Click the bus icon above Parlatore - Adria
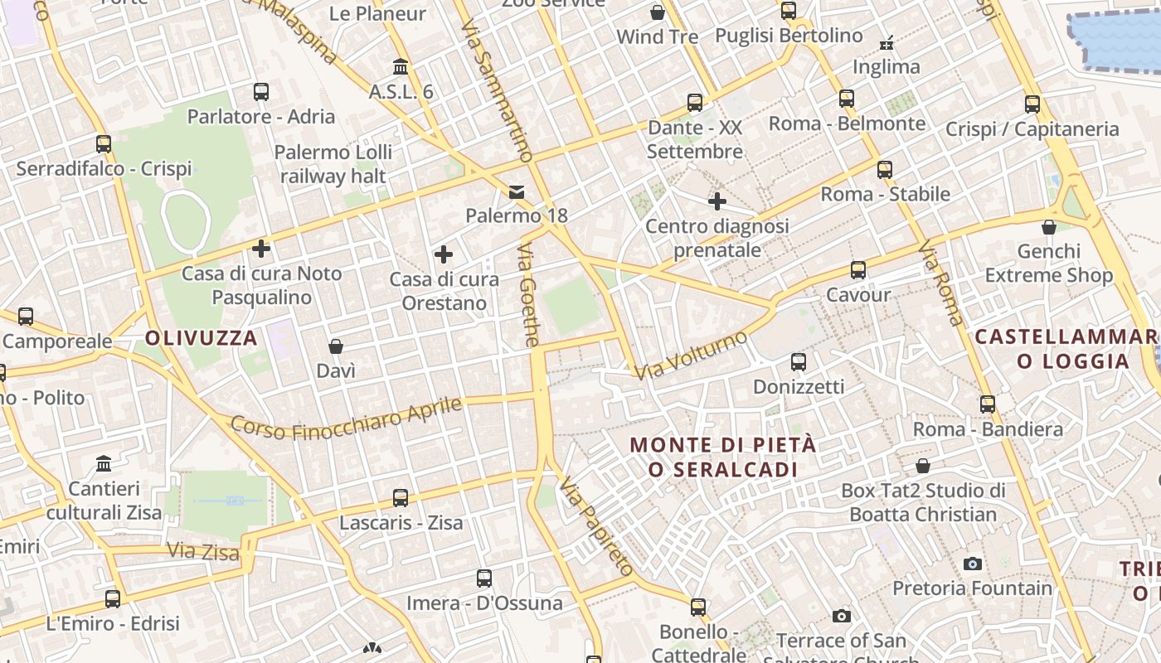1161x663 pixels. pos(261,92)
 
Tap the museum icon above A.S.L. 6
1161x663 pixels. pos(401,66)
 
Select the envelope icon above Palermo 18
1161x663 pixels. pos(517,192)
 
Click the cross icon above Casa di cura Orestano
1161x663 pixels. pos(444,254)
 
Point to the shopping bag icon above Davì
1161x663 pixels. pos(336,346)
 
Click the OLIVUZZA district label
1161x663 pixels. pos(202,338)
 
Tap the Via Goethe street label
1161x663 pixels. pos(529,294)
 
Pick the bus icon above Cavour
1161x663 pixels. pos(858,270)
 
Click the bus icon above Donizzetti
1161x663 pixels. pos(799,362)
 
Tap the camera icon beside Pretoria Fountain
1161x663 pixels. pos(973,564)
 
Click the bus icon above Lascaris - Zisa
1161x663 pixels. pos(401,498)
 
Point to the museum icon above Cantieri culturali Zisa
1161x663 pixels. pos(104,463)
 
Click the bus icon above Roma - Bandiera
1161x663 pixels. pos(988,404)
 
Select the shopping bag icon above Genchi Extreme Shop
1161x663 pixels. pos(1049,226)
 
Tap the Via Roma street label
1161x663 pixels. pos(941,283)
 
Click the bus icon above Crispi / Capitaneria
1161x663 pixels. pos(1032,104)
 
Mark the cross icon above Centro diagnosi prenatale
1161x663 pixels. pos(717,201)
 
